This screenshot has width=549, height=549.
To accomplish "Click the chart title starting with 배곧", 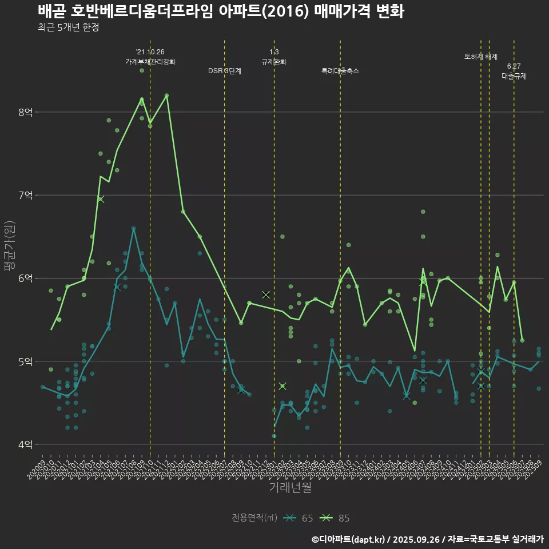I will (221, 11).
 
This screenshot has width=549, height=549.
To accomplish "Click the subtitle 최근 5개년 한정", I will (69, 27).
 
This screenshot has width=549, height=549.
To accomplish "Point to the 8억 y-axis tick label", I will (25, 112).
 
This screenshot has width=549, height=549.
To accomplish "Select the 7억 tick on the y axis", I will (25, 195).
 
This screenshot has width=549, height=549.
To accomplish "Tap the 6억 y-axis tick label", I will (25, 278).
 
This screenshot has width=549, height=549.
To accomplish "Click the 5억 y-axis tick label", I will (25, 361).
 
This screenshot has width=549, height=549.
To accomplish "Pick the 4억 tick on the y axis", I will (25, 444).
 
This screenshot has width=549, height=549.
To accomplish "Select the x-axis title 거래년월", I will (291, 488).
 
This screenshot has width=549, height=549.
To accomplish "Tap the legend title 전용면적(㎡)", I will (254, 518).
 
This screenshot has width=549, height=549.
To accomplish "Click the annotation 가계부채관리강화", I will (150, 61).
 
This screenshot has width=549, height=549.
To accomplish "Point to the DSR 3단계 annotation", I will (225, 71).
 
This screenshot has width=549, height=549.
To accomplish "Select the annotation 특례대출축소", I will (340, 71).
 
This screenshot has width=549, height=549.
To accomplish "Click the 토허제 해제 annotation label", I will (481, 57).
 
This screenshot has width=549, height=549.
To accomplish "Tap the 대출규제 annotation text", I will (514, 75).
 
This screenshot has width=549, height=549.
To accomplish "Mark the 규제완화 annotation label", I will (274, 61).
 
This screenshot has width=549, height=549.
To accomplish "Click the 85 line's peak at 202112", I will (166, 96).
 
